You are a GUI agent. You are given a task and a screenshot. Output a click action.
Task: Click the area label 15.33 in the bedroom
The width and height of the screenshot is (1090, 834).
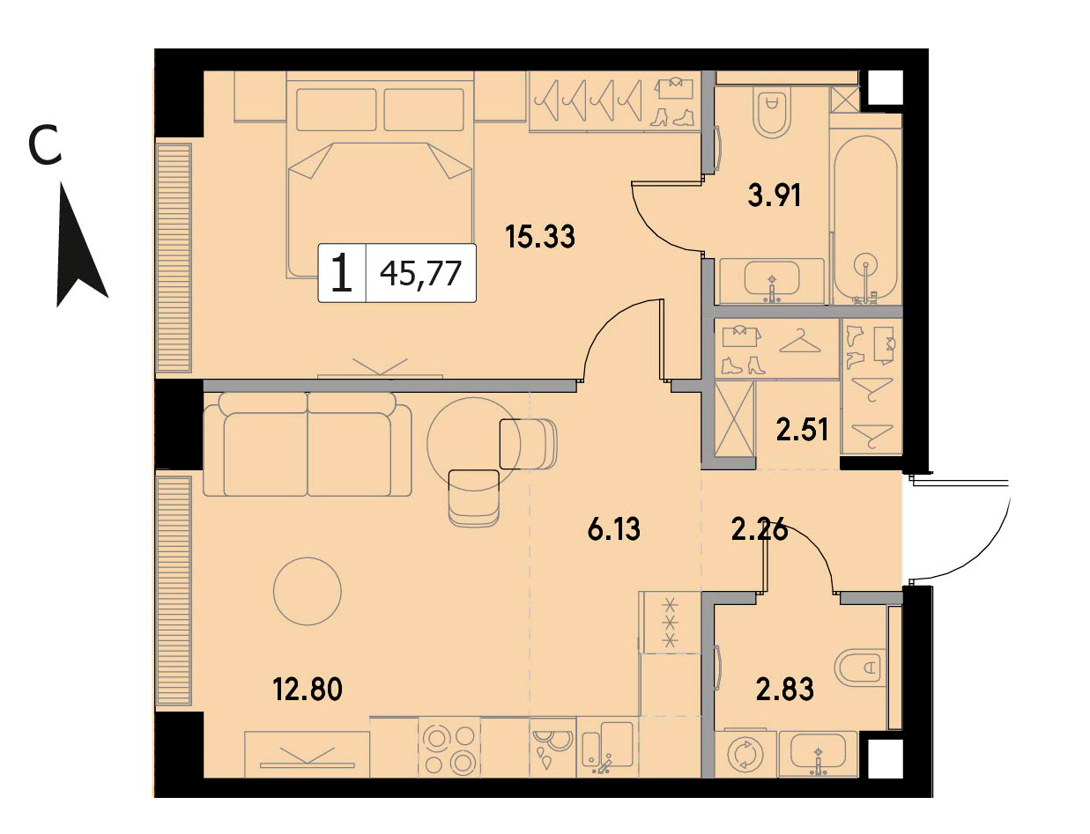540,237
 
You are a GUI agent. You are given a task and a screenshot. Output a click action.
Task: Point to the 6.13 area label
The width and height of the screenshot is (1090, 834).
614,530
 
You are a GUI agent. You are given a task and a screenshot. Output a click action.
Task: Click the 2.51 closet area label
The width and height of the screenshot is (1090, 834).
803,430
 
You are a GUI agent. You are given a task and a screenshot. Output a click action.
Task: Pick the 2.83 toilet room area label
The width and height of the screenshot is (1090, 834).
785,689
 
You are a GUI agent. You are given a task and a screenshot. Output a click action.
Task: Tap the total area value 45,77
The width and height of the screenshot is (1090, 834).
420,274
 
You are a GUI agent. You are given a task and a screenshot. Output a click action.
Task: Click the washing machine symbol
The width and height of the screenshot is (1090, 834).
745,755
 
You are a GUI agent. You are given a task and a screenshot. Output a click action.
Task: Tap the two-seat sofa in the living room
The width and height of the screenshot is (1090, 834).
308,445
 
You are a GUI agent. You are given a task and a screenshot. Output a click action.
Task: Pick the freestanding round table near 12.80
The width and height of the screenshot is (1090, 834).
307,592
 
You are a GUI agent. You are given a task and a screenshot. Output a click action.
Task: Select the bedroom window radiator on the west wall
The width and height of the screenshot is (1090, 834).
174,258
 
